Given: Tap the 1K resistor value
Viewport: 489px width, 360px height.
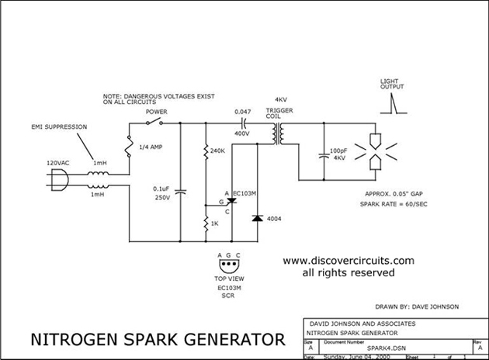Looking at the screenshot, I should (216, 223).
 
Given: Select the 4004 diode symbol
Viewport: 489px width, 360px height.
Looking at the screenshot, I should (256, 218).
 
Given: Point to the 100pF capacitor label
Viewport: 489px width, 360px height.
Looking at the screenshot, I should (339, 152).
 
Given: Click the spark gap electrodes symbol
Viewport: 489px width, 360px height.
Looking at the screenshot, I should (376, 151).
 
